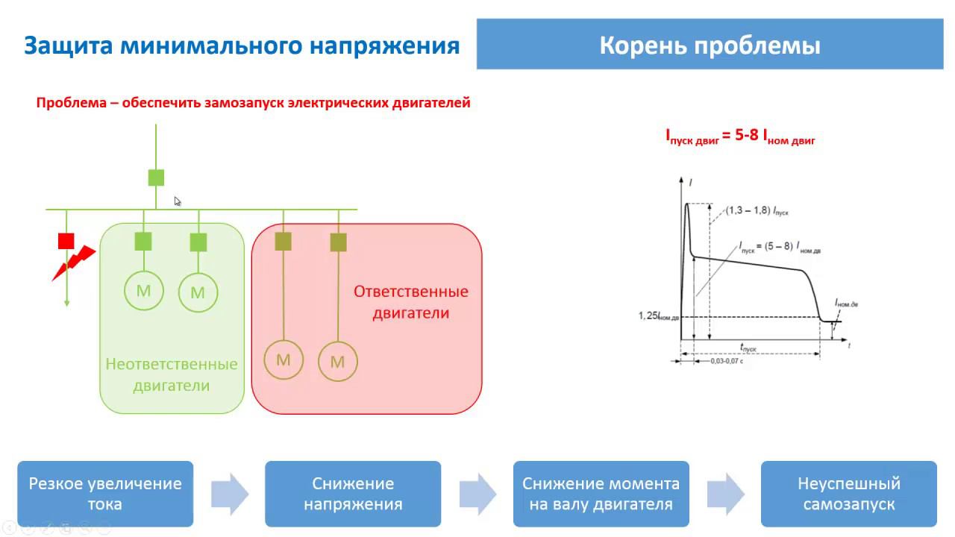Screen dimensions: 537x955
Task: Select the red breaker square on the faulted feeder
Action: click(x=66, y=241)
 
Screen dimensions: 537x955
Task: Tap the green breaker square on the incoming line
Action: click(x=156, y=178)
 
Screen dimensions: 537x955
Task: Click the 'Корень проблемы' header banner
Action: click(x=710, y=45)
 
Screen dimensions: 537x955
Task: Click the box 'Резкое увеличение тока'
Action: click(x=105, y=494)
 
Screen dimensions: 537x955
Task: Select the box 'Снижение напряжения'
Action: click(x=353, y=494)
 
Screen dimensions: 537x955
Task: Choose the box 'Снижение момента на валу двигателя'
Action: click(x=601, y=494)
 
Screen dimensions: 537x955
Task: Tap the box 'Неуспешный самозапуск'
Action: click(x=848, y=494)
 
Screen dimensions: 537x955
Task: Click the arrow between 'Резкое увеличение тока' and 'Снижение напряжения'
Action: click(x=229, y=494)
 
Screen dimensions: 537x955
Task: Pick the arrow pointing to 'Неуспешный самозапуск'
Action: click(x=725, y=494)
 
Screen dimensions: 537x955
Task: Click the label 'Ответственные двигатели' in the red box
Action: click(x=410, y=302)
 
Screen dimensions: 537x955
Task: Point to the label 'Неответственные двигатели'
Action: click(x=172, y=375)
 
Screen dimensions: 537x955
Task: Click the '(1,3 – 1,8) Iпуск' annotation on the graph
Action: click(x=757, y=211)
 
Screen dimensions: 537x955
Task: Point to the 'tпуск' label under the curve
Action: click(x=748, y=348)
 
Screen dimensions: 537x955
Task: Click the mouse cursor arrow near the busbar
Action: click(x=178, y=201)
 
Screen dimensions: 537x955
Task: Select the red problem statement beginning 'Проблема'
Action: click(x=253, y=103)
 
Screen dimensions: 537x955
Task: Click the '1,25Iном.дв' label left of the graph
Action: click(x=658, y=316)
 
